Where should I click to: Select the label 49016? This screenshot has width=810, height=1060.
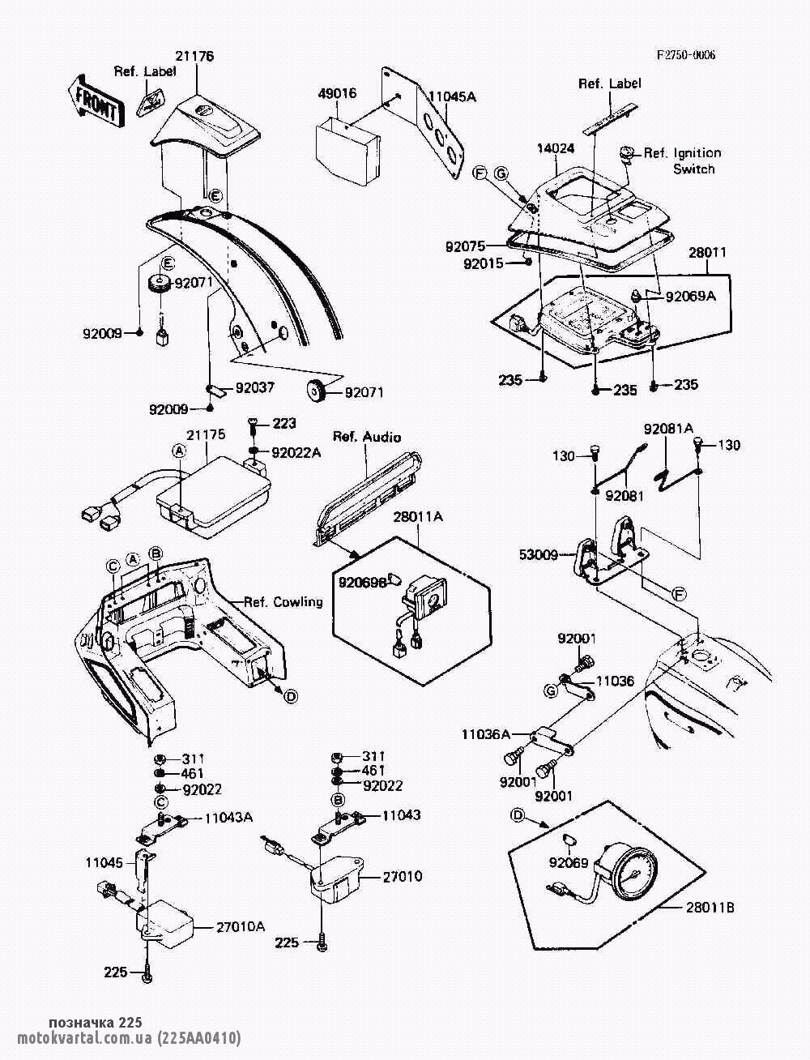(x=336, y=94)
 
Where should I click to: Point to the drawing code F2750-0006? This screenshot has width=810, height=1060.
(x=687, y=55)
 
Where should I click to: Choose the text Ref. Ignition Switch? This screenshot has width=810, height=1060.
(x=682, y=160)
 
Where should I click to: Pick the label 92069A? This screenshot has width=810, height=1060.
(x=691, y=297)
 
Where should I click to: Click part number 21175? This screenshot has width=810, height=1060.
(x=206, y=435)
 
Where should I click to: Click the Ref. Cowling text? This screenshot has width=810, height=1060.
(x=272, y=602)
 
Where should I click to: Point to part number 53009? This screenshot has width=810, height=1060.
(x=539, y=555)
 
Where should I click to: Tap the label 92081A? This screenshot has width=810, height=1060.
(x=669, y=428)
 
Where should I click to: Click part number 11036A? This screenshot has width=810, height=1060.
(x=486, y=734)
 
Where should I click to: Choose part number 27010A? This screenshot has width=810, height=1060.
(x=241, y=926)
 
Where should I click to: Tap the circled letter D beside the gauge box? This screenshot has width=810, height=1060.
(x=518, y=814)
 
